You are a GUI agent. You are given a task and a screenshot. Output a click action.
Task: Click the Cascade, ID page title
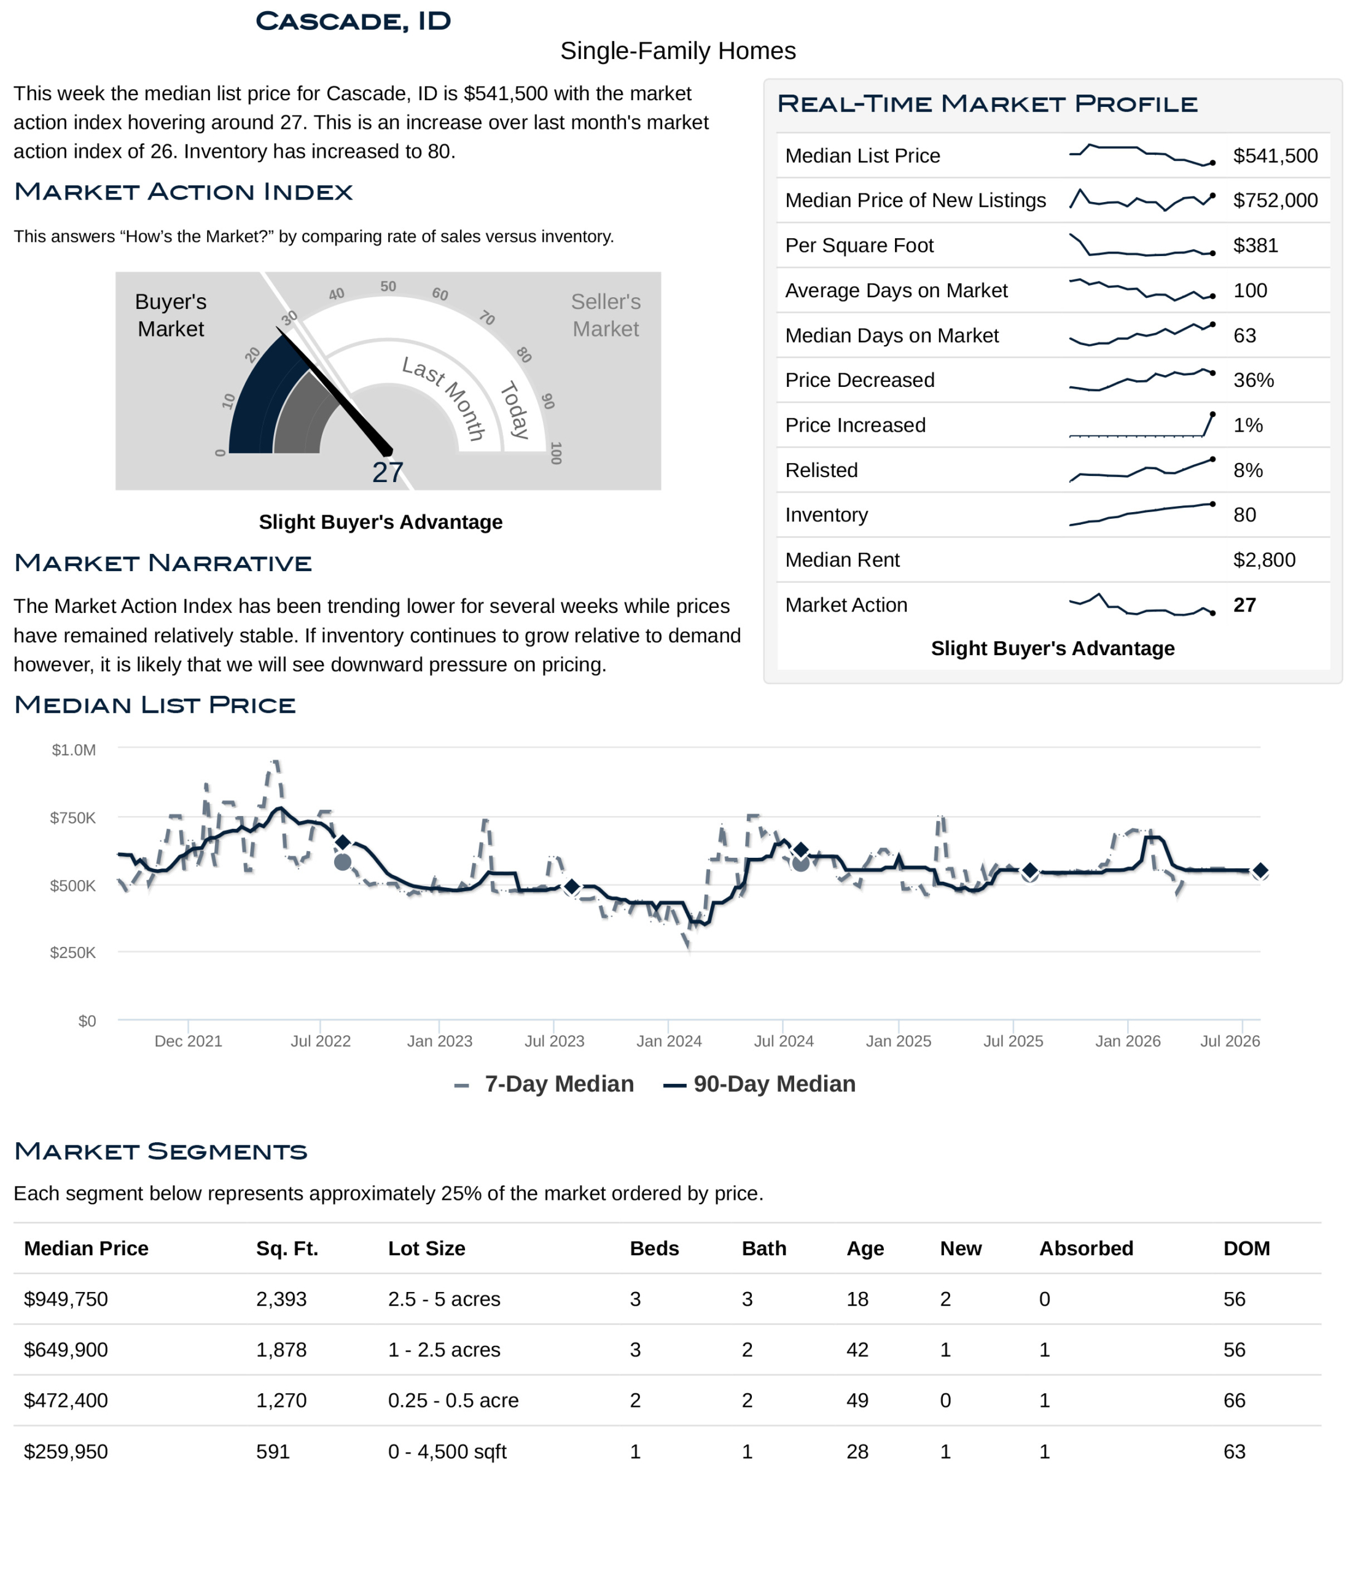pyautogui.click(x=353, y=21)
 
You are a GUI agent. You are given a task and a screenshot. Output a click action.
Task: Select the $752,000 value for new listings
pyautogui.click(x=1275, y=200)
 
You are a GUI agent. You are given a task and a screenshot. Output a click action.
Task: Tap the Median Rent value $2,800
pyautogui.click(x=1264, y=560)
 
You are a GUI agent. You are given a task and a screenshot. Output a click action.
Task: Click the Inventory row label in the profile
pyautogui.click(x=826, y=515)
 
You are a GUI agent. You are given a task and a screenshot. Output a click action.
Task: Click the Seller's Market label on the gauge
pyautogui.click(x=605, y=315)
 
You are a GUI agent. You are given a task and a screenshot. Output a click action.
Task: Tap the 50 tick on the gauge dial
pyautogui.click(x=388, y=287)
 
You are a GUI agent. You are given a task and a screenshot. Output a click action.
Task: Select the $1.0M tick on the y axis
pyautogui.click(x=74, y=750)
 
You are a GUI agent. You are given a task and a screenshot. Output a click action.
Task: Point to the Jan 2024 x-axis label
pyautogui.click(x=669, y=1041)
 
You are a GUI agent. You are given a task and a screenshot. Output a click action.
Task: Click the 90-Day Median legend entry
pyautogui.click(x=759, y=1084)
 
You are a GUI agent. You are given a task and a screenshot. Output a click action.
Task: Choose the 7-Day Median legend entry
pyautogui.click(x=544, y=1084)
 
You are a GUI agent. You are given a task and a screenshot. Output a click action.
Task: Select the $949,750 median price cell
pyautogui.click(x=66, y=1299)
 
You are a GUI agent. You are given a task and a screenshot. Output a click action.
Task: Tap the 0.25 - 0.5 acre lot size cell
pyautogui.click(x=453, y=1401)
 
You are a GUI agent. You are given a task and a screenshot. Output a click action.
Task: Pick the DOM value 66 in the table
pyautogui.click(x=1234, y=1401)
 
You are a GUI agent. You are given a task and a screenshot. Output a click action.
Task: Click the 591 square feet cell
pyautogui.click(x=273, y=1452)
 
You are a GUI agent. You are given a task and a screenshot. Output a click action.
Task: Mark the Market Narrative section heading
pyautogui.click(x=163, y=563)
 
